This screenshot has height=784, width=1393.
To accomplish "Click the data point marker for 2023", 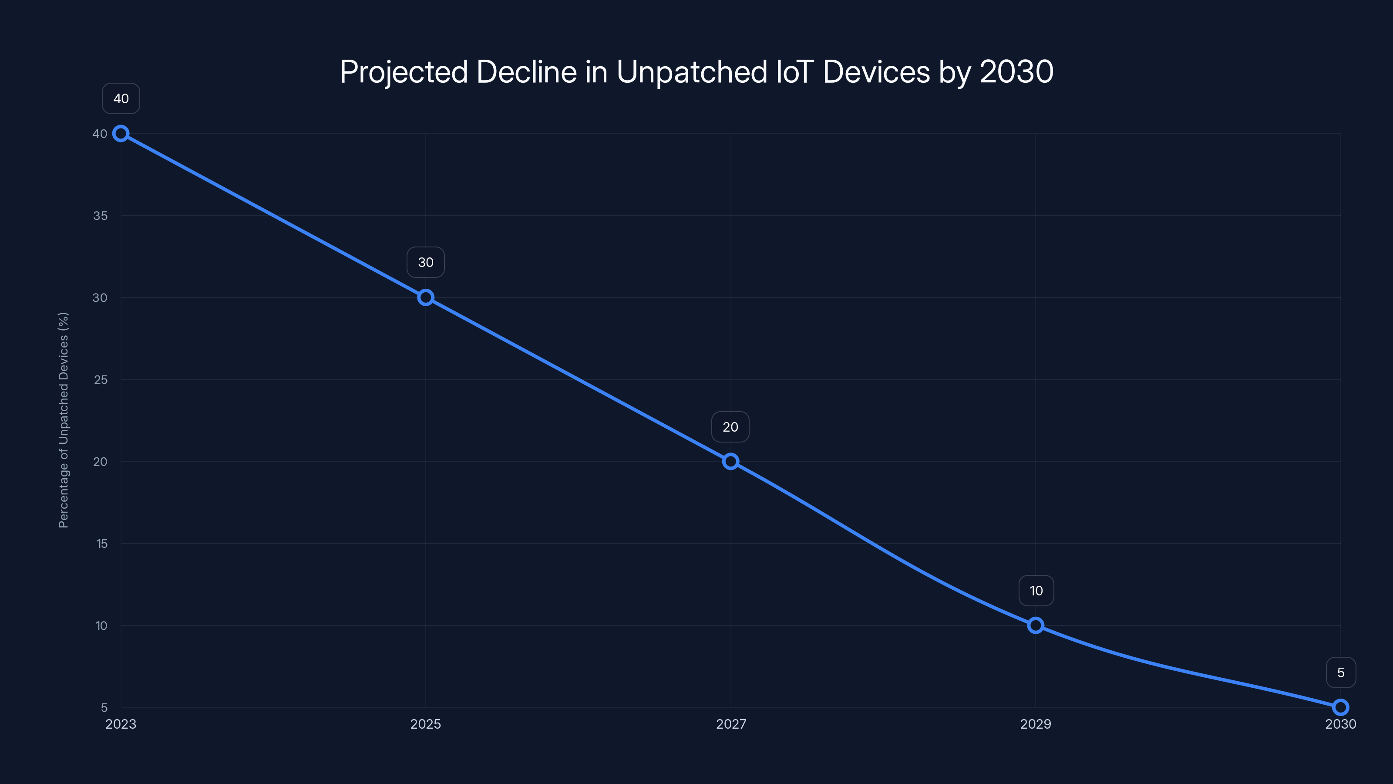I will (x=121, y=134).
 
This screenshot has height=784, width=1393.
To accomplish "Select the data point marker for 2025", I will (x=426, y=297).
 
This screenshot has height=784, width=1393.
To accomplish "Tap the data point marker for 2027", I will (x=730, y=462).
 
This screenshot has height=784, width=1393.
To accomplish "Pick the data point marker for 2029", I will (x=1036, y=625).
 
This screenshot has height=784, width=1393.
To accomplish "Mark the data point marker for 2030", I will (x=1341, y=707).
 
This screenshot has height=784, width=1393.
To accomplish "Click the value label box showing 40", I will (x=121, y=98).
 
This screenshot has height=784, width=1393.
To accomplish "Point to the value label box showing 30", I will (x=426, y=262).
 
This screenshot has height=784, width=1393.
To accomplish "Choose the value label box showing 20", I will (x=730, y=427).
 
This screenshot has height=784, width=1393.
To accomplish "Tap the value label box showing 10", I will (x=1036, y=591).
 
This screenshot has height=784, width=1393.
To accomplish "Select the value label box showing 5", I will (x=1341, y=672).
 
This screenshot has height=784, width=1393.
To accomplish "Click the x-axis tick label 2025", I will (x=426, y=724).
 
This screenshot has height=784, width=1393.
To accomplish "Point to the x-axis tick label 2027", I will (x=730, y=724).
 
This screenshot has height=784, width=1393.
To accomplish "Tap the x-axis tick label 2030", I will (x=1341, y=724).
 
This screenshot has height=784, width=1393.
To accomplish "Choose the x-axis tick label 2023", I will (x=121, y=724).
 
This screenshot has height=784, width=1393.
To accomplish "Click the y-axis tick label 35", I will (x=100, y=216).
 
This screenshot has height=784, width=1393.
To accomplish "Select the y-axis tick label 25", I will (x=101, y=380).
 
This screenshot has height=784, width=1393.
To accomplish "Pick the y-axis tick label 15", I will (x=102, y=544).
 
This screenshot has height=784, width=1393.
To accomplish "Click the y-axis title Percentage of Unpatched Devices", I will (x=63, y=420).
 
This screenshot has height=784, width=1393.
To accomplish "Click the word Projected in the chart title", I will (x=404, y=72).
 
